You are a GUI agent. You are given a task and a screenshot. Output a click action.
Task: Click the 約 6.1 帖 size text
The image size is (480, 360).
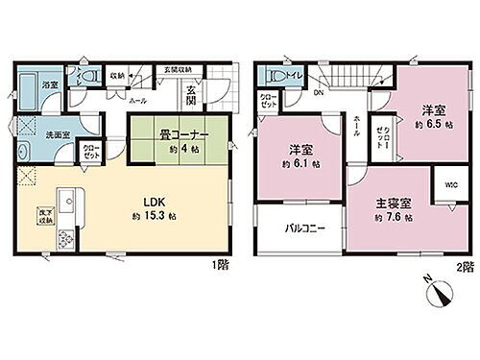click(x=300, y=163)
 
